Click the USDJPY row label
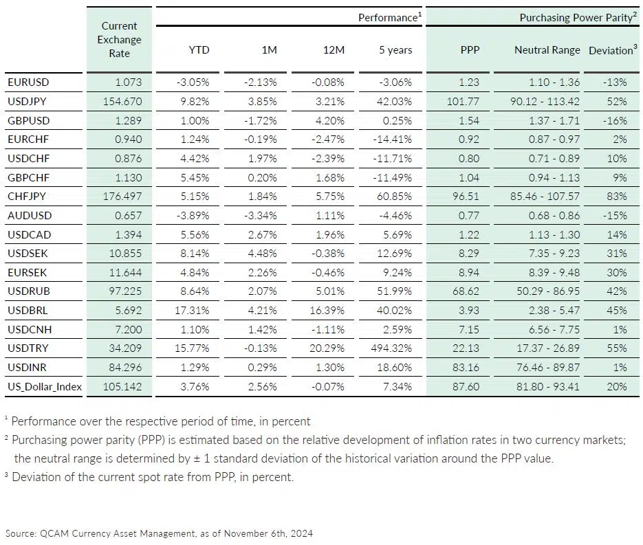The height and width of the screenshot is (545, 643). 28,101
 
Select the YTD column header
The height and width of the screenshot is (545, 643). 199,50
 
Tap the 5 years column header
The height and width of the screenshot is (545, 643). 395,50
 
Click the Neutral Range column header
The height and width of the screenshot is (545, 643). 547,50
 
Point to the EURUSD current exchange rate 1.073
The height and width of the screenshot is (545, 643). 129,82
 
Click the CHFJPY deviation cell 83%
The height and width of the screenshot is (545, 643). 616,197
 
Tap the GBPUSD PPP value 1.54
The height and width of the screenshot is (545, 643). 470,120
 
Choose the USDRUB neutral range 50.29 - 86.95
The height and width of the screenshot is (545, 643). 547,291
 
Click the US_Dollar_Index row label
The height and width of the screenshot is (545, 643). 45,387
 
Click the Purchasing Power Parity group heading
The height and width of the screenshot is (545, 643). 576,18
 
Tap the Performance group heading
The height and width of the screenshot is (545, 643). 388,18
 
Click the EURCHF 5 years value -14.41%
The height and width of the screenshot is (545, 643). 392,140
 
